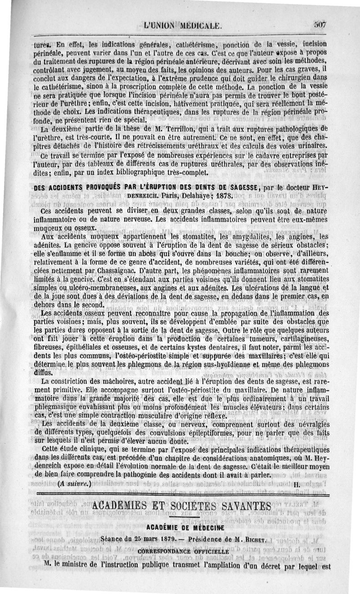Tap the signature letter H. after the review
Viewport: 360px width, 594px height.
point(296,484)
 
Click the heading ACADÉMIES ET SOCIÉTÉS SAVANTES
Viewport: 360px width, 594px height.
point(181,504)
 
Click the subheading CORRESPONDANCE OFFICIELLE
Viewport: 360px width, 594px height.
point(181,551)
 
